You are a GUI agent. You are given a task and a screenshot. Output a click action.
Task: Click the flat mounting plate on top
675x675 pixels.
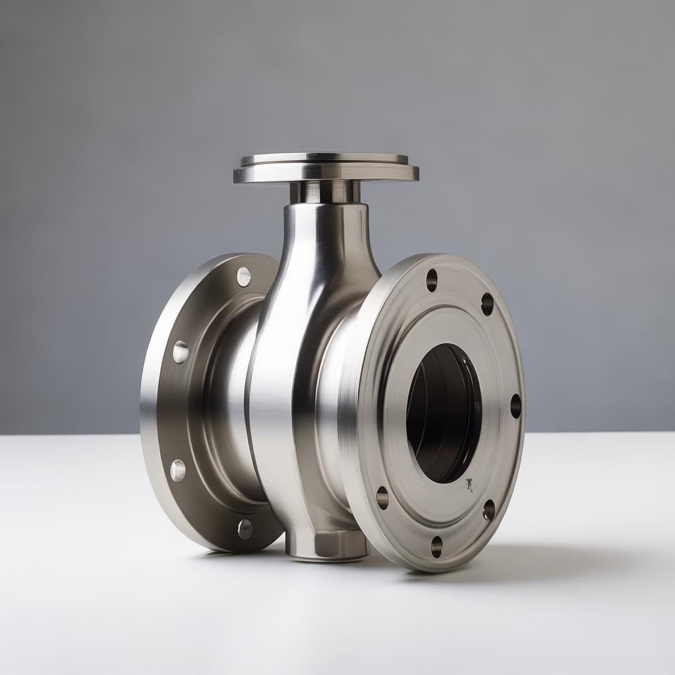326,167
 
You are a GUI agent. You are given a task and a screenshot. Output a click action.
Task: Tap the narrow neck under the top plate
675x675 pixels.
325,192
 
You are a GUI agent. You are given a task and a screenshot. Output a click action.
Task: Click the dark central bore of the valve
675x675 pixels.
443,412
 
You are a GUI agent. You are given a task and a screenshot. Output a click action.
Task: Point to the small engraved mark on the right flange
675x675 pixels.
469,485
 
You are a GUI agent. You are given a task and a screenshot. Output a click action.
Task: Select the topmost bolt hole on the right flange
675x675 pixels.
432,280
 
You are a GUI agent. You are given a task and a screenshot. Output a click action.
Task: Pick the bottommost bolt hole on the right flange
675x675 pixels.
436,546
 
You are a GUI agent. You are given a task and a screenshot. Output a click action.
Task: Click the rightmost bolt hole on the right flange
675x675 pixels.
515,406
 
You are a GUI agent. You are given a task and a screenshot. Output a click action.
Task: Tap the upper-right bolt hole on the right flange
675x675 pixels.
487,304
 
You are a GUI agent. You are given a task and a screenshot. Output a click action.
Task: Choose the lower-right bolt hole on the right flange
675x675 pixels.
488,510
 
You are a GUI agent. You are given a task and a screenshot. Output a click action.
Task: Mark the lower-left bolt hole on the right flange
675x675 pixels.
382,498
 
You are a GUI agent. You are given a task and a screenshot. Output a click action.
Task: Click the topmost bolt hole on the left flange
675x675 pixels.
244,277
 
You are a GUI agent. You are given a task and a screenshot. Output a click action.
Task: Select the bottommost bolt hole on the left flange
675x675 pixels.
245,528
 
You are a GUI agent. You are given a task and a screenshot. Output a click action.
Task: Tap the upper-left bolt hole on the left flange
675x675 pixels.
181,351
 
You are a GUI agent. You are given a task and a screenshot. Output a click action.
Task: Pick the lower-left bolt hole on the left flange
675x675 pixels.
178,470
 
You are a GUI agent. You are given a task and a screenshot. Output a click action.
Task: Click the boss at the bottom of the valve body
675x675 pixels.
328,544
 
